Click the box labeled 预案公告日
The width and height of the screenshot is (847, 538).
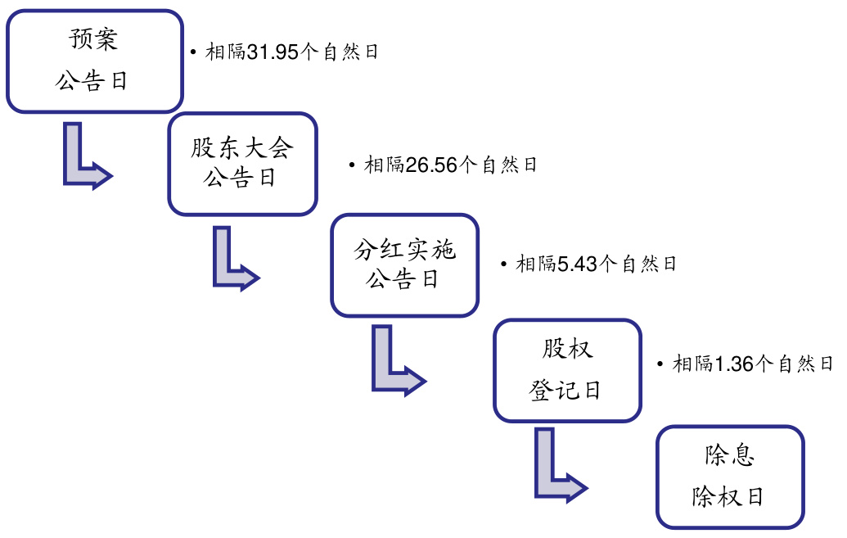(94, 61)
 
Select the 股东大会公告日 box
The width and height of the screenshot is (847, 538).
(242, 164)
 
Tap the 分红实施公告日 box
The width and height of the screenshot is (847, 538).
(404, 265)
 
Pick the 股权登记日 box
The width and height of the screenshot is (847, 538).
(566, 370)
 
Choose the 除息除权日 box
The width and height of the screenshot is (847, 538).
(730, 477)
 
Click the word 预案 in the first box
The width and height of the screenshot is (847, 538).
(93, 39)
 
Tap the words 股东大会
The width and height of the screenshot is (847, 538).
(242, 148)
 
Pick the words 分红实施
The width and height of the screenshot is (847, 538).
(404, 250)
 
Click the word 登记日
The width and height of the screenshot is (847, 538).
(565, 391)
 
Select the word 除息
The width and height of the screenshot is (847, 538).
(729, 456)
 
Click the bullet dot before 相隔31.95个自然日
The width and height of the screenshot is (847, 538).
(192, 52)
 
